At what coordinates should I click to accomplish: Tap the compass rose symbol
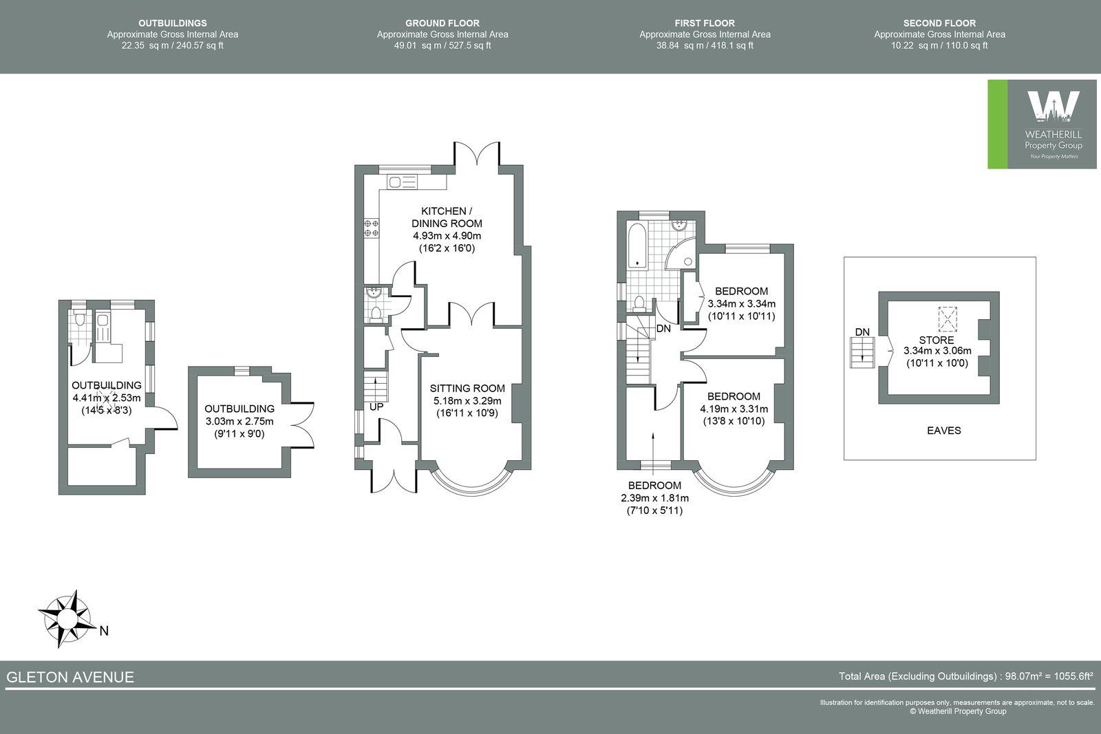(65, 618)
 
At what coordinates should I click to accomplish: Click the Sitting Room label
(467, 388)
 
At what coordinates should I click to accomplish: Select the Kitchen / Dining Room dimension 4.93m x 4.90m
(447, 236)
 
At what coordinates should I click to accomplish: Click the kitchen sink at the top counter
(402, 182)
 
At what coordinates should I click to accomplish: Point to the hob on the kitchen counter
(372, 228)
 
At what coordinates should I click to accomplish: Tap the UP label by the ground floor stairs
(376, 407)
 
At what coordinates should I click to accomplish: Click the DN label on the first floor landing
(663, 329)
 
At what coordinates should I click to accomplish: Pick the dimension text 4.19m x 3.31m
(734, 409)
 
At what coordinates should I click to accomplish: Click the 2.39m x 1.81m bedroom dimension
(654, 498)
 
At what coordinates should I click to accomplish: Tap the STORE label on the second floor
(937, 340)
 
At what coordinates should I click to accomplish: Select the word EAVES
(943, 431)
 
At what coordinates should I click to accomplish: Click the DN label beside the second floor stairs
(862, 332)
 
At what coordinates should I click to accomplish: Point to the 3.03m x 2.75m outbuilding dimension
(239, 422)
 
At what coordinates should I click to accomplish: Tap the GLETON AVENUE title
(70, 677)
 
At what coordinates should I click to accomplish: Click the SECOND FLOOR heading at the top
(939, 23)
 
